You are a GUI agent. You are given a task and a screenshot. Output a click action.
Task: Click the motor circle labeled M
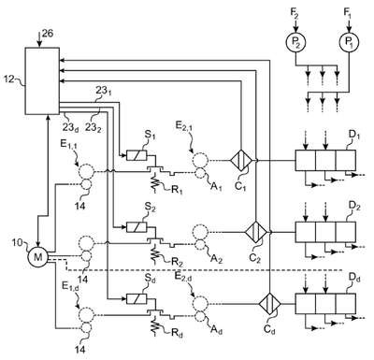(x=37, y=257)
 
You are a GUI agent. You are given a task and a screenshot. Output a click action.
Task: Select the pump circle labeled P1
(x=349, y=41)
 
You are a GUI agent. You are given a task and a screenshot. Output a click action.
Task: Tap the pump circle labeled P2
(x=295, y=41)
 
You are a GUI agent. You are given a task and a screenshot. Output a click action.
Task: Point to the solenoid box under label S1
(x=137, y=155)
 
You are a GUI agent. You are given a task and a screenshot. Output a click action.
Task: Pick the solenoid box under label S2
(x=137, y=226)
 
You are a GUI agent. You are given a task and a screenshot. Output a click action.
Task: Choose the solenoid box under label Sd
(x=137, y=298)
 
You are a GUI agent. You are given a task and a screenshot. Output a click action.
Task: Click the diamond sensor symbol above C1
(x=241, y=160)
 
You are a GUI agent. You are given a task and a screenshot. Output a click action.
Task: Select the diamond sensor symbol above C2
(x=255, y=232)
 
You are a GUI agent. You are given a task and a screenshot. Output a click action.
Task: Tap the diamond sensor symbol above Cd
(x=270, y=303)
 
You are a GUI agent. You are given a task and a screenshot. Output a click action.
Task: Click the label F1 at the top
(x=348, y=12)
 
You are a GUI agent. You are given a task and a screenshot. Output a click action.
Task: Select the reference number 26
(x=48, y=34)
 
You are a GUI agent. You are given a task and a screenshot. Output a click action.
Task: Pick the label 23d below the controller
(x=70, y=127)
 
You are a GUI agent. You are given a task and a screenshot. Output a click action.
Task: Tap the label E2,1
(x=184, y=127)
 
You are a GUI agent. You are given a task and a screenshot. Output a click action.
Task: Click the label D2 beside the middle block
(x=354, y=207)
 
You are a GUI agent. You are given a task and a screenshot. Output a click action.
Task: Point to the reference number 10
(x=18, y=242)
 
